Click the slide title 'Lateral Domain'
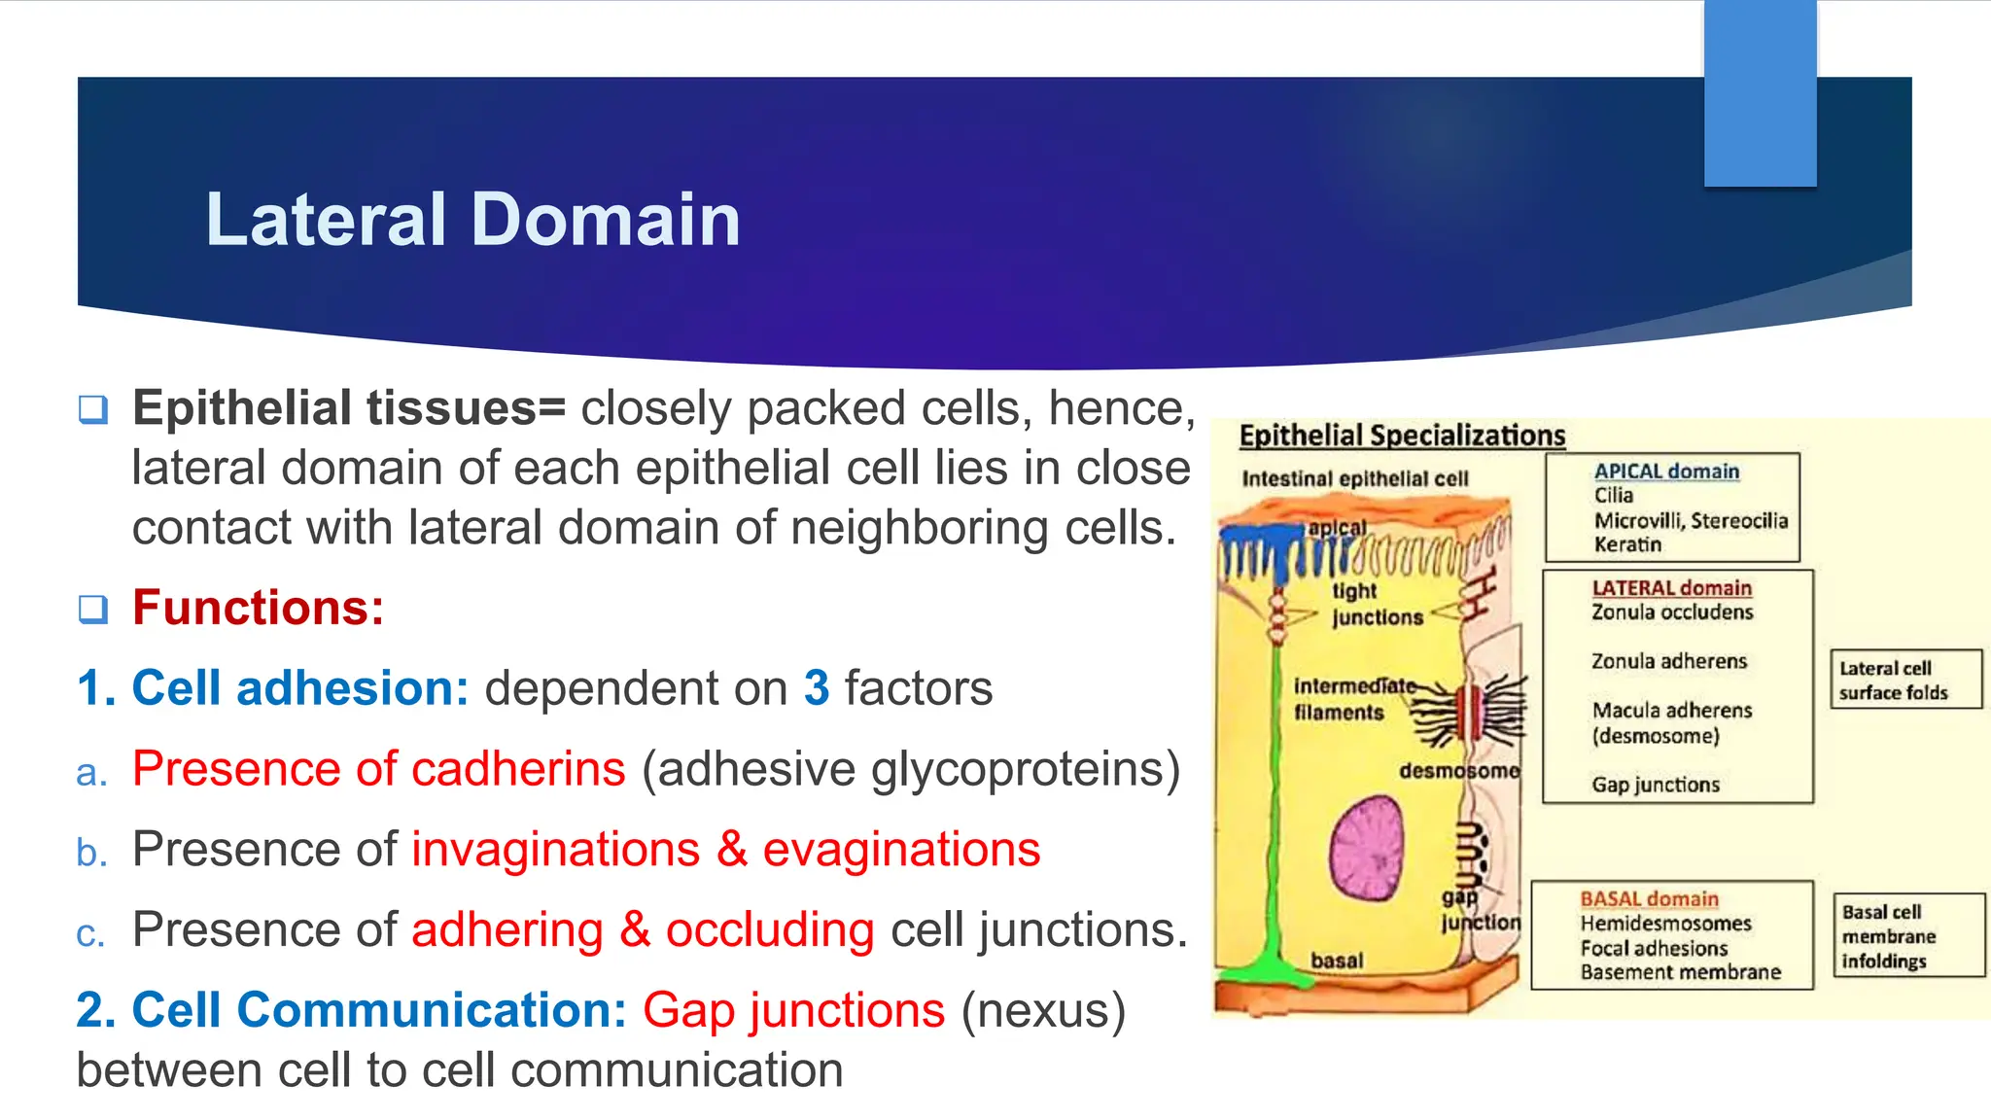point(472,220)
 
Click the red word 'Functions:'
point(258,608)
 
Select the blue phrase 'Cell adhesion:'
point(299,688)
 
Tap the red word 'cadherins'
point(518,769)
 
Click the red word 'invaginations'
point(555,849)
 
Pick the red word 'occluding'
point(769,929)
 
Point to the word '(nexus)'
point(1043,1010)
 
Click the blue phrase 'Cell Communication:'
point(379,1010)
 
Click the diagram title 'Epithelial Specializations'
point(1402,436)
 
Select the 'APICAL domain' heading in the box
point(1666,472)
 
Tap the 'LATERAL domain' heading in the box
point(1671,588)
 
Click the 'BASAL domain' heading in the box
point(1649,899)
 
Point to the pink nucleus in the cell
point(1366,848)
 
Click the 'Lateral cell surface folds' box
point(1904,680)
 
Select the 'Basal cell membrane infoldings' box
point(1907,935)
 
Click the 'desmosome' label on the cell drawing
point(1458,771)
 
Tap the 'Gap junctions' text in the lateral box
point(1655,785)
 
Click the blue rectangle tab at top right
point(1760,92)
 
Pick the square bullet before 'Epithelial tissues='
point(93,408)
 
